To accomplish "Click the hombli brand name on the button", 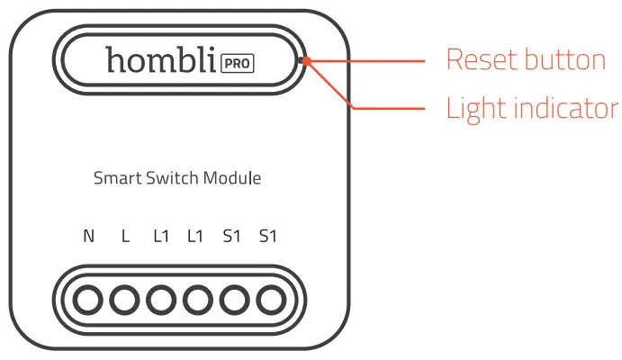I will pos(160,60).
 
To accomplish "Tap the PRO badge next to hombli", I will pos(237,63).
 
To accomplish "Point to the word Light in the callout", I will pos(475,109).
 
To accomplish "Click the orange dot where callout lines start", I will pos(307,62).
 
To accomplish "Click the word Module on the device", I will pos(231,178).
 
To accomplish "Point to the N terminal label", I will pos(88,237).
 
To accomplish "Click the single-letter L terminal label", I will pos(125,237).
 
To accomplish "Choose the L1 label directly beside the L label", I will pos(160,237).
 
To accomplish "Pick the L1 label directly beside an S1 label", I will pos(195,237).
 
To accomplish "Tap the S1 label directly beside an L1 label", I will pos(231,237).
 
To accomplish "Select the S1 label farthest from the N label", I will pos(267,237).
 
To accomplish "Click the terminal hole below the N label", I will pos(87,299).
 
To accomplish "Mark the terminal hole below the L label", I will pos(123,299).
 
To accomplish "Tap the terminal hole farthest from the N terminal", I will pos(269,299).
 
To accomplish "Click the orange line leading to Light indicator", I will pos(387,108).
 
